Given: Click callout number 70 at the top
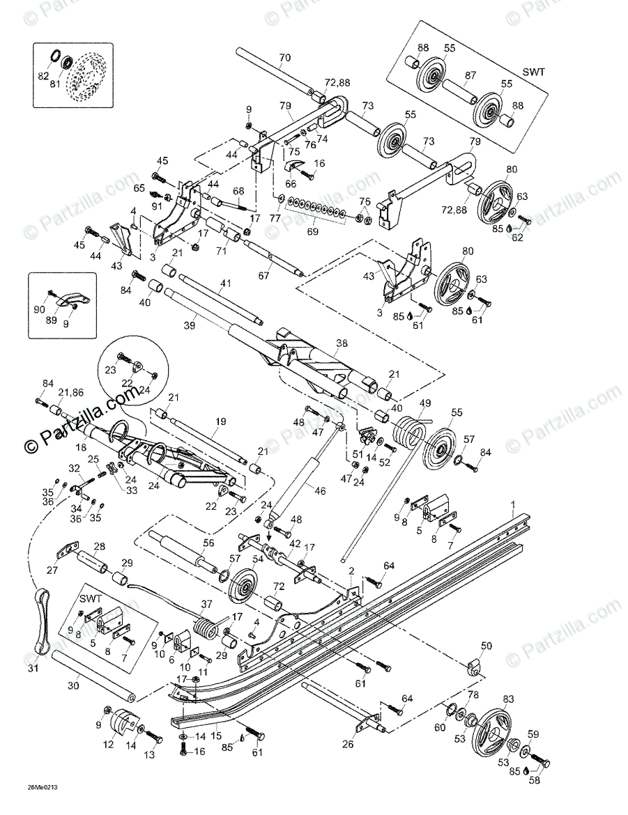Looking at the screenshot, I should (x=284, y=57).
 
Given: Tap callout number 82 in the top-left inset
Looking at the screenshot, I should (x=43, y=74).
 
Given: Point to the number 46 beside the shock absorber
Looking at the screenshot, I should (x=321, y=490).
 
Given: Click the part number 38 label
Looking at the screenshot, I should (x=341, y=343).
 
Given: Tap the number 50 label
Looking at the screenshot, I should (x=486, y=646).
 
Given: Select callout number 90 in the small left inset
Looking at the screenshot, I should (x=39, y=309).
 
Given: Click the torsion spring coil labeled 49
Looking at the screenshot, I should (x=406, y=433).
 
